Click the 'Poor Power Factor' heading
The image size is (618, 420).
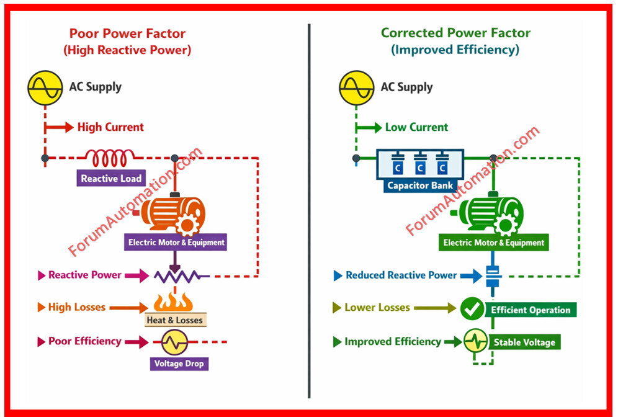coord(127,34)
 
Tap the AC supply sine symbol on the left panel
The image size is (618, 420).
coord(45,88)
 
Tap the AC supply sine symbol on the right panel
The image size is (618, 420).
coord(356,88)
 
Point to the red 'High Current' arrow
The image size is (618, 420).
coord(59,128)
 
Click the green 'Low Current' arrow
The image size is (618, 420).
coord(369,128)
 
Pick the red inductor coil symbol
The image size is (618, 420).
coord(109,158)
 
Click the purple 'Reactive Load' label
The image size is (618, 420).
coord(111,179)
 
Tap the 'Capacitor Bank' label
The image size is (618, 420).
coord(421,185)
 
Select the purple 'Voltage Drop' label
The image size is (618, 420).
coord(179,364)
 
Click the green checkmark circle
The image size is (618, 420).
coord(472,308)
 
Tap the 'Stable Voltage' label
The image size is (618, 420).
coord(524,342)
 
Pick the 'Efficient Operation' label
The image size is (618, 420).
coord(531,310)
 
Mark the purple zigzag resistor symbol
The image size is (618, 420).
coord(176,275)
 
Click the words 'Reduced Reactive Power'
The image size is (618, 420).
coord(401,275)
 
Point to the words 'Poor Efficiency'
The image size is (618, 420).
coord(84,341)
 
